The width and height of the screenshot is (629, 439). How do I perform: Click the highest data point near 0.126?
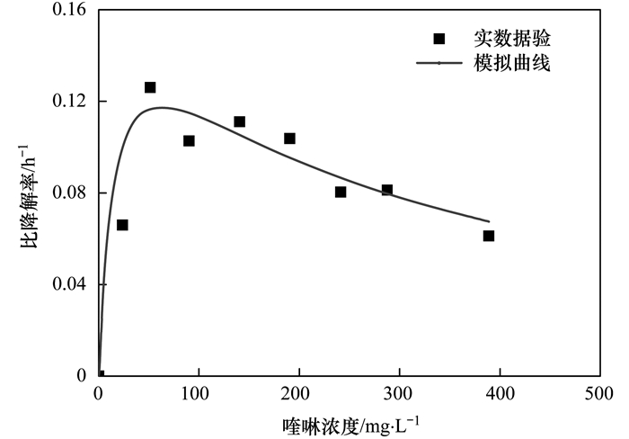click(x=150, y=87)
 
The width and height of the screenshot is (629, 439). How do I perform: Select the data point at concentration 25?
click(x=122, y=225)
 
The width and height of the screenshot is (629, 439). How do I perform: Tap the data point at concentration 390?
click(x=489, y=236)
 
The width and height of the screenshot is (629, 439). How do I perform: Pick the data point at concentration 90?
click(x=189, y=140)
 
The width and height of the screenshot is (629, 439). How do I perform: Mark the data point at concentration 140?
click(x=240, y=121)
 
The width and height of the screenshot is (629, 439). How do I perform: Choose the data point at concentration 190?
click(x=289, y=139)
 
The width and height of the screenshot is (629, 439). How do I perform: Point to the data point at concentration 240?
click(x=341, y=192)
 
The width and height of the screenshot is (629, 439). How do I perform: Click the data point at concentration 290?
click(x=387, y=190)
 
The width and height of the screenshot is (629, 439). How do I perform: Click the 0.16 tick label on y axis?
click(x=69, y=10)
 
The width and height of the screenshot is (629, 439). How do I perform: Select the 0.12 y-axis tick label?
click(x=69, y=102)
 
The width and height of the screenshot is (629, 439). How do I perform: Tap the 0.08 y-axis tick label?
click(x=69, y=193)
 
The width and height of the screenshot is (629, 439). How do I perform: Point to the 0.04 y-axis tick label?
click(x=69, y=285)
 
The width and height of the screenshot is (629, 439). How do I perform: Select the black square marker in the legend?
click(x=439, y=39)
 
